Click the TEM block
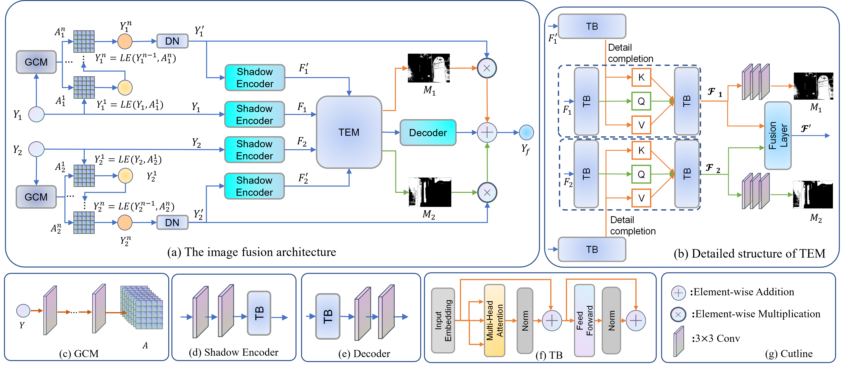click(349, 132)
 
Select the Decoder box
click(428, 133)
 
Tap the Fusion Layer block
click(778, 135)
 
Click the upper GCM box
click(36, 62)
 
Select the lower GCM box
click(36, 197)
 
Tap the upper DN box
click(172, 41)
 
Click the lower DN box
click(172, 222)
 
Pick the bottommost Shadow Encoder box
click(254, 186)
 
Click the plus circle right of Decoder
click(487, 133)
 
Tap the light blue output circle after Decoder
click(526, 133)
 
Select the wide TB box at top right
click(592, 26)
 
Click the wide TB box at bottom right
click(592, 249)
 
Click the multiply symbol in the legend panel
click(678, 315)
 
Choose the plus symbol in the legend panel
click(678, 293)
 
